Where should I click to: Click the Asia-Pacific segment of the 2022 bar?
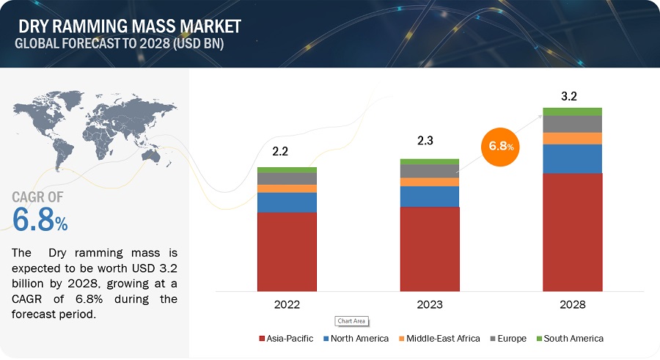pos(287,251)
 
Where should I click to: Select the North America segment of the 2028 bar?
pos(573,158)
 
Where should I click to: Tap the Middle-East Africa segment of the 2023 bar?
pos(429,182)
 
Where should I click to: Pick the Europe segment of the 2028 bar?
pos(573,124)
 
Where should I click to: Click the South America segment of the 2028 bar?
pos(573,111)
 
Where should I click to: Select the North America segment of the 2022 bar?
pos(287,202)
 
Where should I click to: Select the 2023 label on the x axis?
pos(429,303)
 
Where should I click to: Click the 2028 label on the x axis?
pos(573,303)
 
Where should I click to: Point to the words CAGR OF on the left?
pos(37,196)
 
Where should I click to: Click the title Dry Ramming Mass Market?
pos(128,27)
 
